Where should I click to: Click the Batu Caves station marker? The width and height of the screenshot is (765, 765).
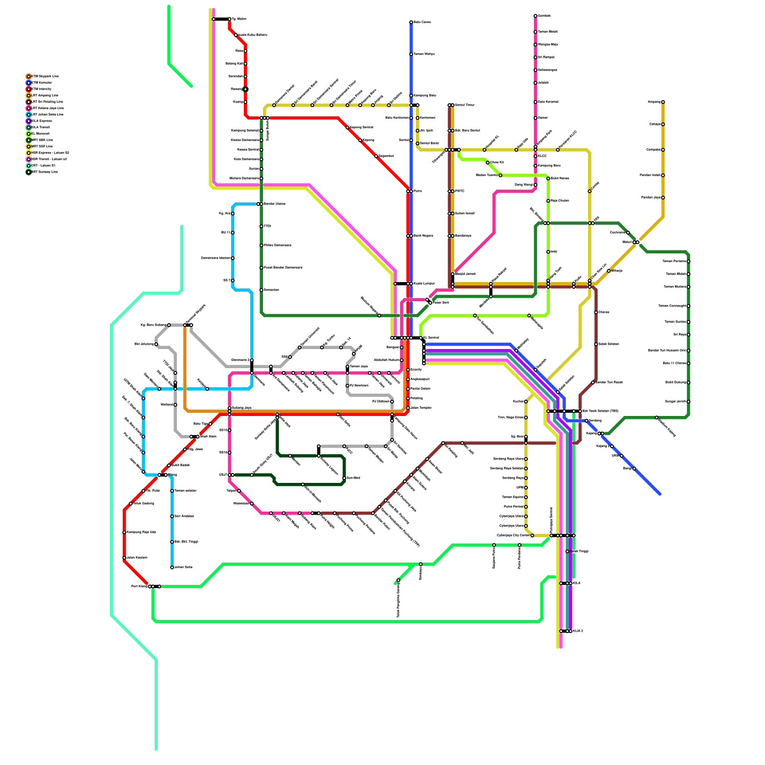coord(411,22)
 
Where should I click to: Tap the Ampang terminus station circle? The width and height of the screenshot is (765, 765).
coord(663,102)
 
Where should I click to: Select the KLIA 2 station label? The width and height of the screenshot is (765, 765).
coord(578,631)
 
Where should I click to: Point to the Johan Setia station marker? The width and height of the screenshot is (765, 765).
coord(172,568)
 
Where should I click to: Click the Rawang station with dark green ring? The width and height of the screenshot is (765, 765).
coord(245,89)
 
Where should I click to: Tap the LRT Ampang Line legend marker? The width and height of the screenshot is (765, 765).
coord(29,96)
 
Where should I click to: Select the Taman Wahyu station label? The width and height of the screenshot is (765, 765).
coord(424,54)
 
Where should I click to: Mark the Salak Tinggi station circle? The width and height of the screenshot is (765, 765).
coord(568,552)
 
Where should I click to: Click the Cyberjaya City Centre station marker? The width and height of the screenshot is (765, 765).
coord(532,535)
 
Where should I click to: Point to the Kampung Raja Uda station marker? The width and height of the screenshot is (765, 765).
coord(124,532)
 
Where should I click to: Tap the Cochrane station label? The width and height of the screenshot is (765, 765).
coord(617,233)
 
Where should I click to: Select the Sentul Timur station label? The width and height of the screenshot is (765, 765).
coord(465,105)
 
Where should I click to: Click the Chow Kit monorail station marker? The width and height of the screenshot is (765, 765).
coord(488,163)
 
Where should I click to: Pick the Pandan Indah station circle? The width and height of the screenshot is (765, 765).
coord(663,175)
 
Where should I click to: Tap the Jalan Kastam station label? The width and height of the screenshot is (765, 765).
coord(137,558)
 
